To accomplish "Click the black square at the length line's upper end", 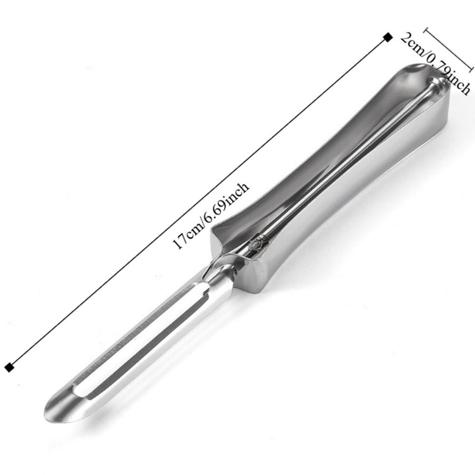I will click(x=388, y=37).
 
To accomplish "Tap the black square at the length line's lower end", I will click(x=9, y=366).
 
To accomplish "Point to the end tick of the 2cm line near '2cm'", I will click(x=426, y=30).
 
